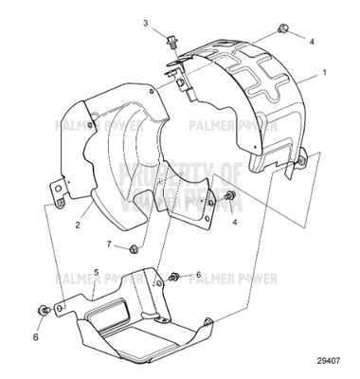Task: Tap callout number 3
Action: [146, 22]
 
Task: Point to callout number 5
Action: [97, 272]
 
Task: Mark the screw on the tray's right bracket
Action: [176, 277]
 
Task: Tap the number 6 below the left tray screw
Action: [37, 335]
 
